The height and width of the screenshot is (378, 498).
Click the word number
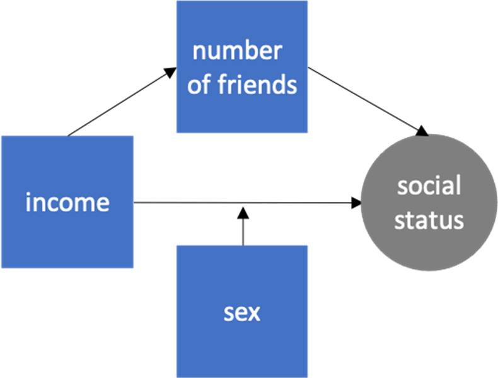click(x=237, y=51)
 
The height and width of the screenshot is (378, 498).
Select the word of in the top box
click(x=199, y=85)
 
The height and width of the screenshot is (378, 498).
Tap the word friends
click(x=257, y=85)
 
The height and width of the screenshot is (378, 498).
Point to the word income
click(x=67, y=203)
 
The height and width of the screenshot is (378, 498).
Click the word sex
click(x=242, y=312)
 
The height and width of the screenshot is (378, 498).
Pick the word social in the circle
click(x=429, y=186)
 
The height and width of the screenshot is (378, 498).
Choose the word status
click(x=429, y=220)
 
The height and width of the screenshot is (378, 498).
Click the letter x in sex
click(x=253, y=312)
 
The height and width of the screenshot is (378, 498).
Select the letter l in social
click(x=458, y=185)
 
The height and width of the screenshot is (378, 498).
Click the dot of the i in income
click(x=28, y=194)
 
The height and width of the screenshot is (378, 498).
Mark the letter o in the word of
click(x=194, y=86)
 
